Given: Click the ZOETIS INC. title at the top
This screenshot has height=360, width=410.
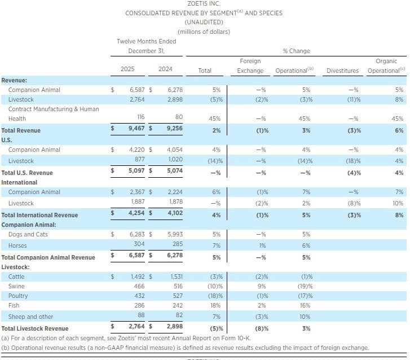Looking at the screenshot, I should (204, 3).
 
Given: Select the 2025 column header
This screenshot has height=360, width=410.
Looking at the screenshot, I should (127, 70).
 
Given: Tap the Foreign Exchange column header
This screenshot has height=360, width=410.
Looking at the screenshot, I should (250, 66).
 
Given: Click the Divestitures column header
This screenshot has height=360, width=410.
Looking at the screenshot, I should (343, 71).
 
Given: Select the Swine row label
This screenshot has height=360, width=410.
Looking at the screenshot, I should (17, 287).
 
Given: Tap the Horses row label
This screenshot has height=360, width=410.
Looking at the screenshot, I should (17, 245).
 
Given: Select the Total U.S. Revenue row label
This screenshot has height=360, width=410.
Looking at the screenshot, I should (27, 173).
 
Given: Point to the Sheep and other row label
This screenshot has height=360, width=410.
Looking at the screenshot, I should (31, 317).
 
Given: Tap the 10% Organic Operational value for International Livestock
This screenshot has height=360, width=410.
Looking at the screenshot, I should (398, 203).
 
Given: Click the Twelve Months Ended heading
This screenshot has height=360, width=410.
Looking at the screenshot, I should (146, 41).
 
